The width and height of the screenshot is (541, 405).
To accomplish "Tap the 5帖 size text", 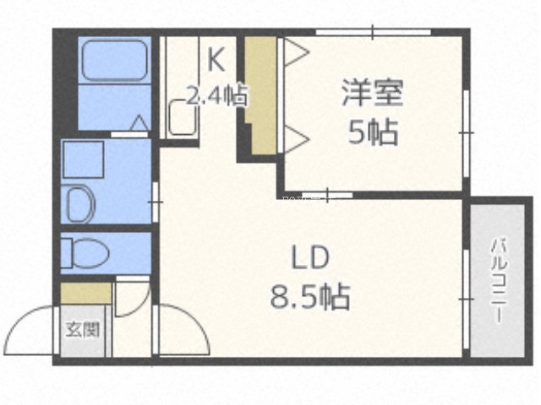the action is point(373,132).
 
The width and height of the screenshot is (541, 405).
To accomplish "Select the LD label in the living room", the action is point(310,258).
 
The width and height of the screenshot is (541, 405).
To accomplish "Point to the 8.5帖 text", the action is point(310,296).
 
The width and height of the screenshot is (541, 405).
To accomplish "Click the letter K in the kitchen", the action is point(216,59).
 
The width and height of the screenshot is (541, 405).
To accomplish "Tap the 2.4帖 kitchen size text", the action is point(217,95).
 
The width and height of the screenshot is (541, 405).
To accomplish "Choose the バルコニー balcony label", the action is point(499,281).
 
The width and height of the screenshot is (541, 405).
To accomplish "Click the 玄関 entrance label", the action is point(83,329).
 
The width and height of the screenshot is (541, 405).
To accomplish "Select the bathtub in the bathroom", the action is point(115,61).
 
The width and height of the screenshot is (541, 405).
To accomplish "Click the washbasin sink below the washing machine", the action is point(80,204).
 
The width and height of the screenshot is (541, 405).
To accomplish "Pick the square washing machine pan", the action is point(84,159).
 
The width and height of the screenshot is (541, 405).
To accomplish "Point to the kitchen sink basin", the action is point(183,116).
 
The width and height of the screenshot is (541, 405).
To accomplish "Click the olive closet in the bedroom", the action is point(261,95).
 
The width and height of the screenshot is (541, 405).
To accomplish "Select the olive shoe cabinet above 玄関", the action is point(86,293).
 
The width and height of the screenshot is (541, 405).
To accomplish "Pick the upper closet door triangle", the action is point(296,52).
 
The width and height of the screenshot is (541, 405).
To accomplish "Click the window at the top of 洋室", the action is point(374,32).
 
